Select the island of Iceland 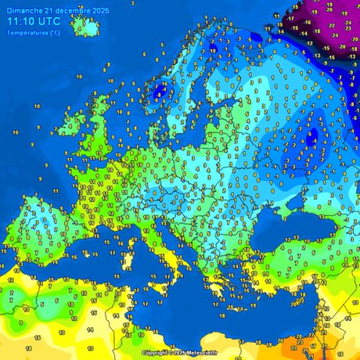(86, 26)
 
